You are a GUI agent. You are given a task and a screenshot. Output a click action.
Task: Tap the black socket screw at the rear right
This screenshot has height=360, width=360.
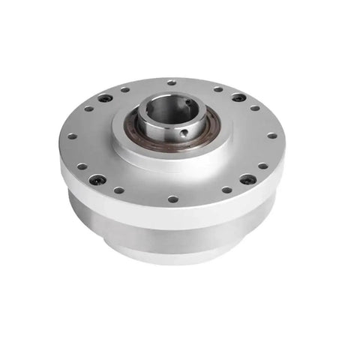(238, 97)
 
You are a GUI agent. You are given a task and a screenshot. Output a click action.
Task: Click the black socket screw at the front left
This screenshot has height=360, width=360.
(96, 179)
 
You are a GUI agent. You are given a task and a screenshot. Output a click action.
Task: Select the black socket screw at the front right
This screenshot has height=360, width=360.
(247, 179)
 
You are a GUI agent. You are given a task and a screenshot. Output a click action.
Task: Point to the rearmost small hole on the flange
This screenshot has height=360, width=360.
(172, 82)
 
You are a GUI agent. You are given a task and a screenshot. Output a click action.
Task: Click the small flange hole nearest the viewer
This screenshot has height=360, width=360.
(173, 199)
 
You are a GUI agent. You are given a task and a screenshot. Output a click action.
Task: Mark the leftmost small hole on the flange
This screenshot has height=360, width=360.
(72, 137)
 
